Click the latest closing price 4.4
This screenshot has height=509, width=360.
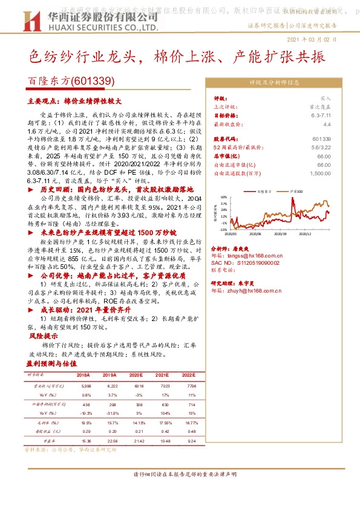(327, 123)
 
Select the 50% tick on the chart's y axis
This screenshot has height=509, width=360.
(224, 197)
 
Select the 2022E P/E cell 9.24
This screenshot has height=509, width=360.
(191, 442)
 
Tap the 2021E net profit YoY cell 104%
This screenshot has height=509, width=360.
(164, 413)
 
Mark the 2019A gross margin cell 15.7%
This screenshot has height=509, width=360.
(111, 423)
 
